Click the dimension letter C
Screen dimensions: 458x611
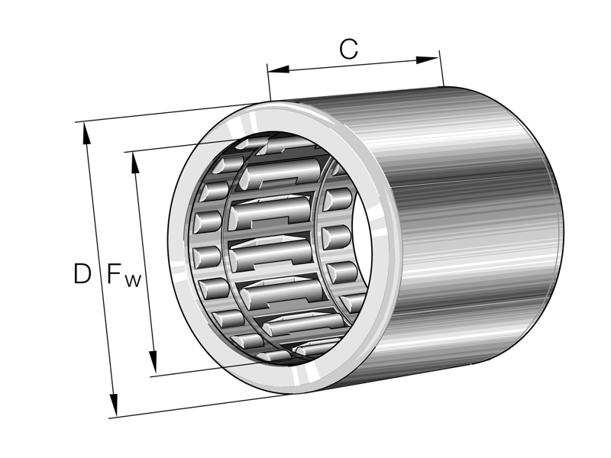(348, 50)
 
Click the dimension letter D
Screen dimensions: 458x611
(82, 273)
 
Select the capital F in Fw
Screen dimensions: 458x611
(115, 273)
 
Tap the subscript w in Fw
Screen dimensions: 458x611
(133, 280)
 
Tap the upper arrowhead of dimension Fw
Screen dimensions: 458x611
(135, 161)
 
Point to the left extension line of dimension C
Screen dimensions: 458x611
(269, 84)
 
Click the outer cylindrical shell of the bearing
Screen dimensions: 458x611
(474, 229)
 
